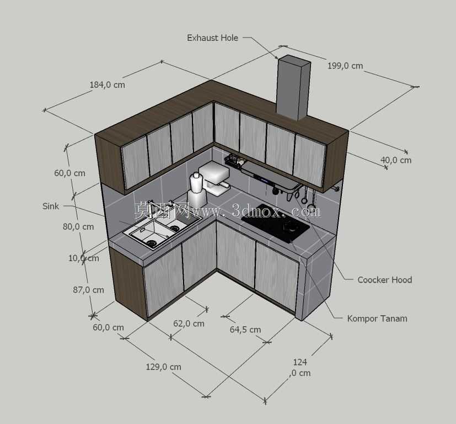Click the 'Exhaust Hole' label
[x=212, y=38]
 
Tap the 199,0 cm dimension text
[x=345, y=66]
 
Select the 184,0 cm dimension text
[x=108, y=84]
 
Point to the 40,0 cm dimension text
[x=396, y=160]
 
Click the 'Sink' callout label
[x=51, y=206]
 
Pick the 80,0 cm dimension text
[x=78, y=226]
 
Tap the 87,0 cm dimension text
[x=88, y=290]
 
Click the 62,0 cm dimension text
[x=189, y=323]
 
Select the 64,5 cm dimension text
[x=245, y=330]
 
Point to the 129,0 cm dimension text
[x=163, y=367]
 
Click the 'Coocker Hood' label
[x=384, y=280]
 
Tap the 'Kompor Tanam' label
[x=377, y=319]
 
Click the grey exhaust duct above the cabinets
[x=293, y=87]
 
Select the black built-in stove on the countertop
[x=275, y=224]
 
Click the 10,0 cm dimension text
[x=84, y=258]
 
